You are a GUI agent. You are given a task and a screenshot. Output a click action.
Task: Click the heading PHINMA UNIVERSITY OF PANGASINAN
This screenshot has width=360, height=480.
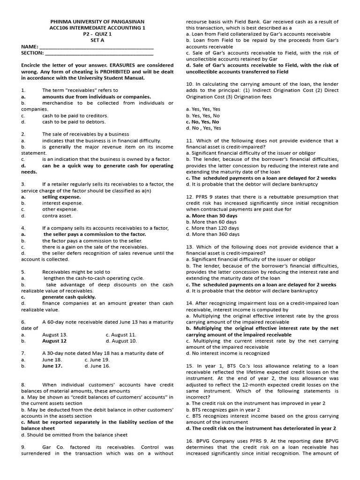pyautogui.click(x=97, y=22)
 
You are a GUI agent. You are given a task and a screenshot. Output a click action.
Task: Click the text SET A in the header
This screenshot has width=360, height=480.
pyautogui.click(x=97, y=40)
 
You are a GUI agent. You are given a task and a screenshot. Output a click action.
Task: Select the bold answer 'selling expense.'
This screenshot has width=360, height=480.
pyautogui.click(x=61, y=197)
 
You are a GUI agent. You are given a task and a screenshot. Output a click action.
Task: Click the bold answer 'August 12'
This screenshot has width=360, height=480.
pyautogui.click(x=54, y=341)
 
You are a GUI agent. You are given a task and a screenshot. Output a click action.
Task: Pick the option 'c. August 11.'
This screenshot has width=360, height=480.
pyautogui.click(x=121, y=335)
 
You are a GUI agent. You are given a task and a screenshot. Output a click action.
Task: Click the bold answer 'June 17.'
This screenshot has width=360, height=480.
pyautogui.click(x=52, y=366)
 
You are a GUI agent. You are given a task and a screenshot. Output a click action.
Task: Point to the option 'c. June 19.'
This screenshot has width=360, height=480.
pyautogui.click(x=97, y=360)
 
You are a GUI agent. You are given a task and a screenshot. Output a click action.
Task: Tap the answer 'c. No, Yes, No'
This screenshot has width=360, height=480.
pyautogui.click(x=202, y=122)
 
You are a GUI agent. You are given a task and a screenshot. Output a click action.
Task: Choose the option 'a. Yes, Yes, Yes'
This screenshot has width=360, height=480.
pyautogui.click(x=203, y=109)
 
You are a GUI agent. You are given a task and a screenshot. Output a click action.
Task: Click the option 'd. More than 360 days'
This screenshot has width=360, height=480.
pyautogui.click(x=213, y=234)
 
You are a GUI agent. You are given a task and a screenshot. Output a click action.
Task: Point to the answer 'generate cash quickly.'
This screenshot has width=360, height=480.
pyautogui.click(x=69, y=297)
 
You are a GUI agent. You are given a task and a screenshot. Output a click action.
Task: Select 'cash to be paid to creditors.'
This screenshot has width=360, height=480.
pyautogui.click(x=75, y=115)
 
